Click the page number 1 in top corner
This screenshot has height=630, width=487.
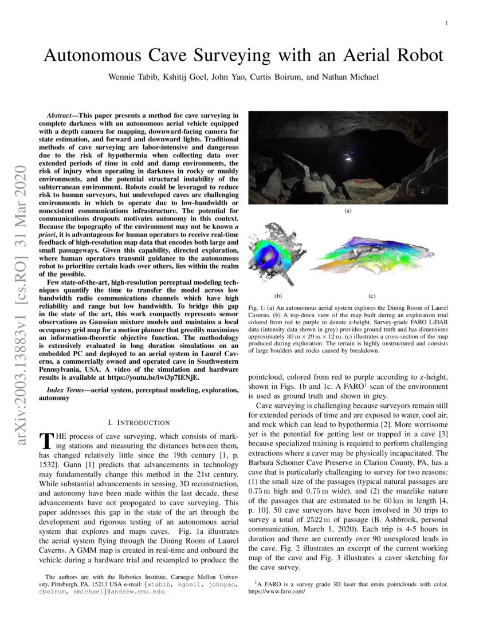[x=446, y=23]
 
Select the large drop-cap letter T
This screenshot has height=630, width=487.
[x=46, y=441]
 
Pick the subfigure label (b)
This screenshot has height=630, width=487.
[x=278, y=296]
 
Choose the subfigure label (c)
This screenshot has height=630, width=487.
[x=371, y=296]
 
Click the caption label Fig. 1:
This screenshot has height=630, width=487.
[x=257, y=309]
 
